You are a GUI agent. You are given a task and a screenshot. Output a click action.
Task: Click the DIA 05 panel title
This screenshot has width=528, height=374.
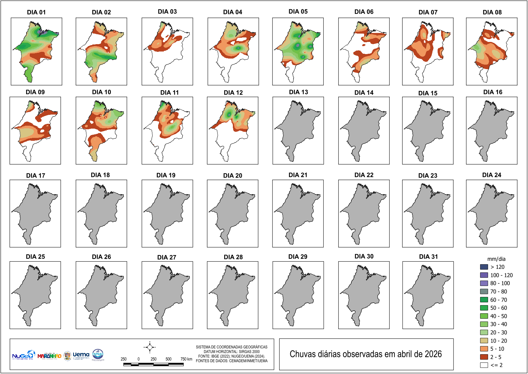(298, 12)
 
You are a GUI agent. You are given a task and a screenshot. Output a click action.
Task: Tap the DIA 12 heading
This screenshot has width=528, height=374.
(233, 92)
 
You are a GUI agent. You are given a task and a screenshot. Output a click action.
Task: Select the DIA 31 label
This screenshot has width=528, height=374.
(428, 257)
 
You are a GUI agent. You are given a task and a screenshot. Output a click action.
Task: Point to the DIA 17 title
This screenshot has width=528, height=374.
(35, 175)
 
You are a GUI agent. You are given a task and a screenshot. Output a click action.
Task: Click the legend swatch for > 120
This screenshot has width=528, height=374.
(484, 267)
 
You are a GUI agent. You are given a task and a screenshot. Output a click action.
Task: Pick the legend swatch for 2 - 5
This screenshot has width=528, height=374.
(484, 357)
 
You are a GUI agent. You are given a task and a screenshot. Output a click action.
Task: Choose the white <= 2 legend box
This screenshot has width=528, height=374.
(484, 365)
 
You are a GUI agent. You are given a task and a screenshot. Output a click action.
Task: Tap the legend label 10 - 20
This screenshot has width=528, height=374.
(499, 341)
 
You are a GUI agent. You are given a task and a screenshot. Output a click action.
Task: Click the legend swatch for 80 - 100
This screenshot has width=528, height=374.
(484, 283)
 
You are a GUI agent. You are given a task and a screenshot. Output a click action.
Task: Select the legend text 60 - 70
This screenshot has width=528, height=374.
(499, 300)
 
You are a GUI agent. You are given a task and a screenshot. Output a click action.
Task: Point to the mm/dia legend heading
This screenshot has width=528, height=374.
(496, 259)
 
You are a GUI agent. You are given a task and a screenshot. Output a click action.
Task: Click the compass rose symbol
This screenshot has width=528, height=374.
(149, 347)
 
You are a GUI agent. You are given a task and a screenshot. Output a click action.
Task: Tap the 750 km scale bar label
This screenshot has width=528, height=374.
(186, 359)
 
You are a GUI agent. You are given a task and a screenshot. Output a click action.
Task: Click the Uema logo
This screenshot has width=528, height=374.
(81, 355)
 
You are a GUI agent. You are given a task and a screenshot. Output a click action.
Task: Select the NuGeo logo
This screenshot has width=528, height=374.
(23, 355)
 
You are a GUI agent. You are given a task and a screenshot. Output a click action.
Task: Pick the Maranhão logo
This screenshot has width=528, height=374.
(49, 356)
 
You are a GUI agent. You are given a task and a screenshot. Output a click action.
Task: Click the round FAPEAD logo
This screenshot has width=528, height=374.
(98, 354)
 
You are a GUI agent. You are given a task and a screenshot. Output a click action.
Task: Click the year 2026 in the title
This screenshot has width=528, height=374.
(433, 354)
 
